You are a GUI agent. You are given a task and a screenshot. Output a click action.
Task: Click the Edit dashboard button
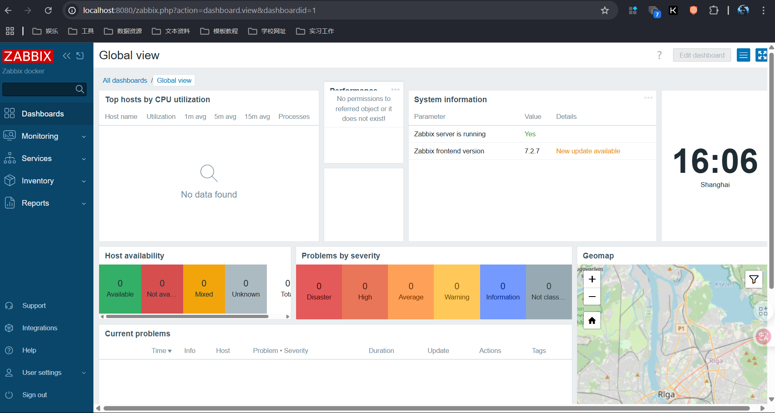pos(701,55)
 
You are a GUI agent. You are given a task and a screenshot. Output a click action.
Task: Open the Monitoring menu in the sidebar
pos(40,136)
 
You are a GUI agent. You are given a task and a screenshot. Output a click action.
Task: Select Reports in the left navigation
pos(35,203)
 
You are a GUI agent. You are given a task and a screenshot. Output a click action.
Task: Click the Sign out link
pos(35,395)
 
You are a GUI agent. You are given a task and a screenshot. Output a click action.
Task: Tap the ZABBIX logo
pos(28,56)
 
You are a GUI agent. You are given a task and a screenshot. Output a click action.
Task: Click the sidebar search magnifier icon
pos(80,89)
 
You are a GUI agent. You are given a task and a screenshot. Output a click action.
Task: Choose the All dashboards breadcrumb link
pos(125,80)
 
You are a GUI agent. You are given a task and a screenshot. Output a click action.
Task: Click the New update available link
pos(588,151)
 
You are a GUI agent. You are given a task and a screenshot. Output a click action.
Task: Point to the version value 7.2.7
pos(532,151)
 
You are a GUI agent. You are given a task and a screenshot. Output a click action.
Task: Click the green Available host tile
pos(120,289)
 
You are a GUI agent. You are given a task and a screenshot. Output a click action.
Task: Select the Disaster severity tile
pos(319,292)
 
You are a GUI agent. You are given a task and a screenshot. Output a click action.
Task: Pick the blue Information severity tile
pos(502,292)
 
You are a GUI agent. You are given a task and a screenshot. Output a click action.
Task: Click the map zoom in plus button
pos(592,279)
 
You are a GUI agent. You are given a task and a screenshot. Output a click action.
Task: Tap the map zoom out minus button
pos(592,297)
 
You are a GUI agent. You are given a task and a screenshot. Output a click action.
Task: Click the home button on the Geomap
pos(592,321)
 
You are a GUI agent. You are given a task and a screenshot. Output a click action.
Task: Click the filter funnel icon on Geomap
pos(753,279)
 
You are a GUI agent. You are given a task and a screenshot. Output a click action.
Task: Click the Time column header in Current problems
pos(161,351)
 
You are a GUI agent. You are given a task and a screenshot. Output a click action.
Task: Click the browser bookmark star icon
pos(605,11)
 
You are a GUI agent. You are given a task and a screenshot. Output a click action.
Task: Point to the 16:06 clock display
pos(715,161)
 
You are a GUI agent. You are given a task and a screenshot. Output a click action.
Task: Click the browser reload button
pos(48,11)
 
